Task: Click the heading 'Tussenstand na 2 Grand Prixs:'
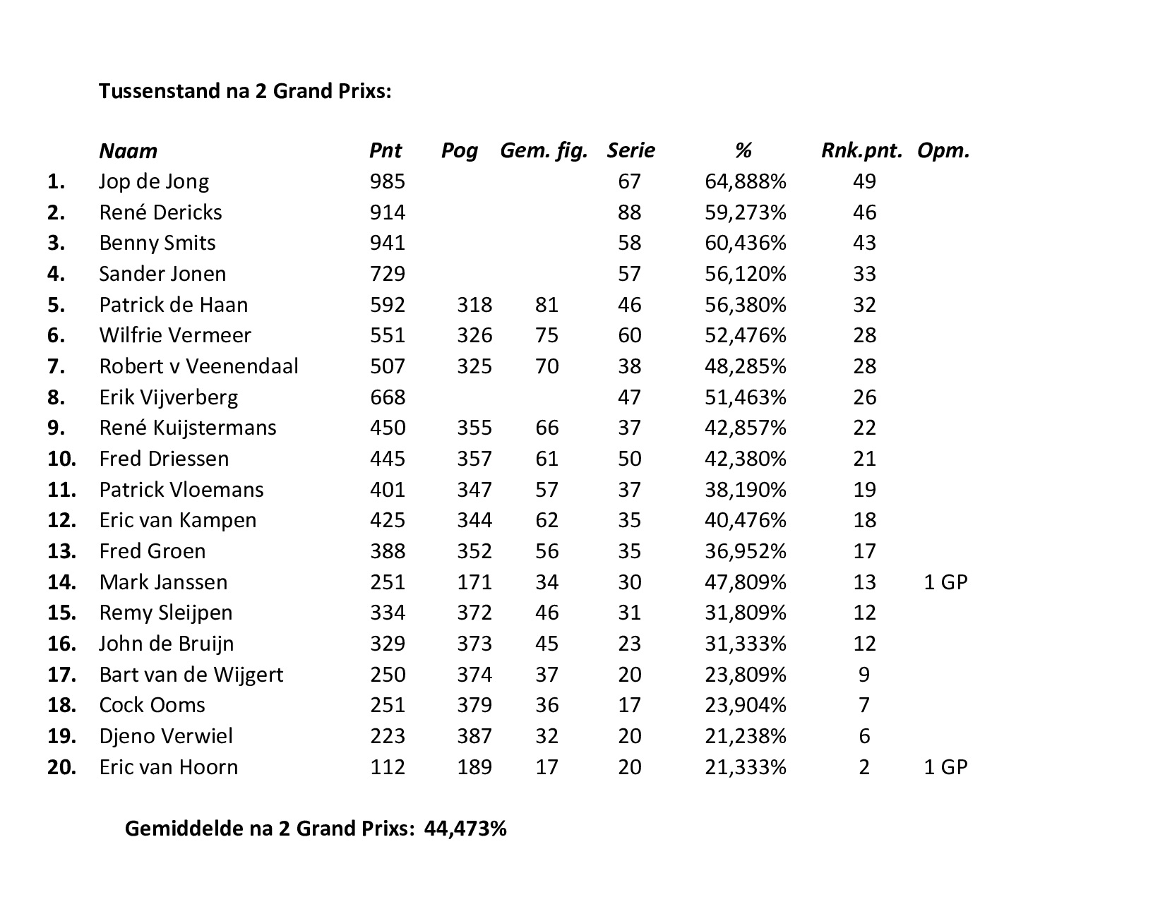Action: pos(244,92)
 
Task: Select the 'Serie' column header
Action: pos(631,150)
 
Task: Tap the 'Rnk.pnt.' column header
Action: pos(861,150)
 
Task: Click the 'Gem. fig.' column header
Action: pos(544,150)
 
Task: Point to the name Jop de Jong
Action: pos(154,181)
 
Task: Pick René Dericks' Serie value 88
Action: pos(629,212)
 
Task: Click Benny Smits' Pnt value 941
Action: pos(388,243)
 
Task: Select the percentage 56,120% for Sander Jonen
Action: pos(745,274)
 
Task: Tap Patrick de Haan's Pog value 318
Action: pos(474,305)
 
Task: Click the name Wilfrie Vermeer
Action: pos(174,335)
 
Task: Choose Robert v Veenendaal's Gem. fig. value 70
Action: pos(546,366)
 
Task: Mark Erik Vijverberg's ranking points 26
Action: pos(864,397)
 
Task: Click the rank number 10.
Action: pos(61,459)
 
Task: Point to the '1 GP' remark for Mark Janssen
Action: pos(945,582)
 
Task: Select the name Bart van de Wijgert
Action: pos(191,675)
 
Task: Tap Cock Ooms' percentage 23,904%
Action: pos(745,705)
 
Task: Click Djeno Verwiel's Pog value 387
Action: pos(474,736)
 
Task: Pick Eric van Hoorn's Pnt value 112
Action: pos(388,767)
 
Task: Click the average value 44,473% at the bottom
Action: pos(465,829)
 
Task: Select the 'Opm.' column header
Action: pos(943,150)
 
